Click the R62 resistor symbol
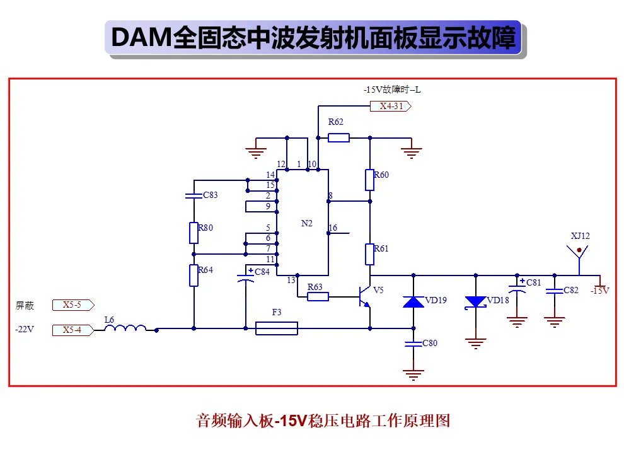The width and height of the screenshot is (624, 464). [338, 137]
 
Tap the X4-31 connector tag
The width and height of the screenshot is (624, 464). [391, 107]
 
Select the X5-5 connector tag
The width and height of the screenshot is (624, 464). [73, 305]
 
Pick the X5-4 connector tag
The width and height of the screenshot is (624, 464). [73, 330]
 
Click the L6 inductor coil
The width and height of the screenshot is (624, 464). [125, 328]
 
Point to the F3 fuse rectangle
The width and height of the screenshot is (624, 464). [277, 328]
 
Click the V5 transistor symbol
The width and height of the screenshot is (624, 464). [365, 297]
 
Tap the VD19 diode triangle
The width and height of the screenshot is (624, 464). [413, 302]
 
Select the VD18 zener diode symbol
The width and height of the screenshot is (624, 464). [475, 303]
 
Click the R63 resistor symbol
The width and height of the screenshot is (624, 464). [318, 296]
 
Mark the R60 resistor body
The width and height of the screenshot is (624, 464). [370, 180]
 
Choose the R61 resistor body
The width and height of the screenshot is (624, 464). [370, 254]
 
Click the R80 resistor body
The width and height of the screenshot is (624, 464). [194, 233]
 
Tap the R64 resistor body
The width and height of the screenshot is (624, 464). [194, 275]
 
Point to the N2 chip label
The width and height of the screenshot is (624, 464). [307, 224]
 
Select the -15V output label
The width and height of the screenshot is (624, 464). [600, 291]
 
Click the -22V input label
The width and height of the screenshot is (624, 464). [25, 329]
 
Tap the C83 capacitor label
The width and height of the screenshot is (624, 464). [211, 195]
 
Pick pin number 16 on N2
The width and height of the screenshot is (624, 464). [333, 228]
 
